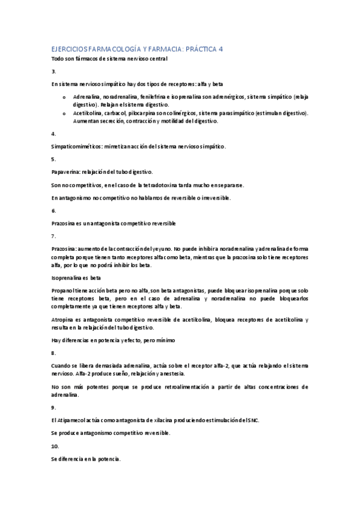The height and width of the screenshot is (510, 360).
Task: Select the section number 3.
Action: (53, 71)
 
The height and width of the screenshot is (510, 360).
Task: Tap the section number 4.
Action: (53, 134)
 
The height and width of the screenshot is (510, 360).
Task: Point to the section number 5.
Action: (53, 159)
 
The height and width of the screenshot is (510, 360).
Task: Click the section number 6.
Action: (53, 210)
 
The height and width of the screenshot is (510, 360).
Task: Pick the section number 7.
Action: (53, 236)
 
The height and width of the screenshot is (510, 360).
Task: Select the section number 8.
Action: (53, 352)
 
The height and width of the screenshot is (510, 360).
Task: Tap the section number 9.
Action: (53, 407)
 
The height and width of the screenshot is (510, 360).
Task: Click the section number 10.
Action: (55, 446)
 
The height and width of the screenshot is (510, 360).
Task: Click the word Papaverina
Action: (65, 172)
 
